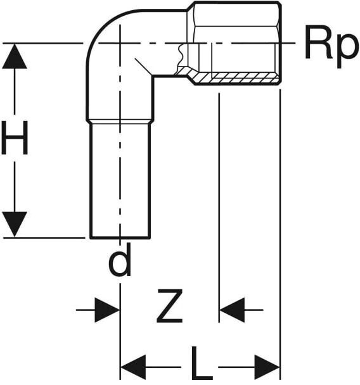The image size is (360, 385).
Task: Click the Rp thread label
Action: (330, 47)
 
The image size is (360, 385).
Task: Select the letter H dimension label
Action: (15, 138)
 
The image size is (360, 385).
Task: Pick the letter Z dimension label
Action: (170, 306)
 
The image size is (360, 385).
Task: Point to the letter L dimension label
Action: (202, 363)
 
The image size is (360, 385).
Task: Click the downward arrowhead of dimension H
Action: (15, 224)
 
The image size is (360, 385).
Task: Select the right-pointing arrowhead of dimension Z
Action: (107, 310)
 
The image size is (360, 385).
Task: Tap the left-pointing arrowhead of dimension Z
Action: (232, 310)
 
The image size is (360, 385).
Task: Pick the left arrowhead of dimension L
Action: (133, 367)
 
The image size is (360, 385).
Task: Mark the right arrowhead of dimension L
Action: (267, 367)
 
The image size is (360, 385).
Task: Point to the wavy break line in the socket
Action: (181, 56)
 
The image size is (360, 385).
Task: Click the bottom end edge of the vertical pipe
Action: (120, 237)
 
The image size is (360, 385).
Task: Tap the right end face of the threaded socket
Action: (280, 43)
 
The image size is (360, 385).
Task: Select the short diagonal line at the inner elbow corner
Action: (143, 66)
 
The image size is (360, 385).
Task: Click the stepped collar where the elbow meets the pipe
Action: (120, 122)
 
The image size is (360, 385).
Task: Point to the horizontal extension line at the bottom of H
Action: (44, 237)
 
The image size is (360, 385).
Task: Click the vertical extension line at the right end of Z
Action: (219, 208)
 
